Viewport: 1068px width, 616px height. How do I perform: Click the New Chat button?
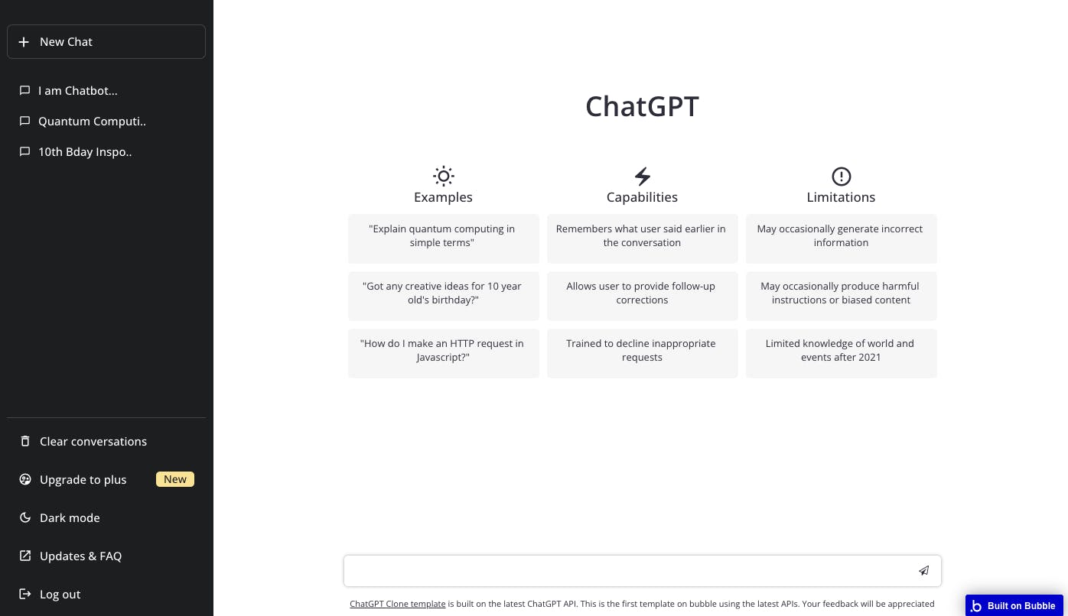pos(106,41)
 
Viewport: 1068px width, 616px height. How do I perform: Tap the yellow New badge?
pos(175,479)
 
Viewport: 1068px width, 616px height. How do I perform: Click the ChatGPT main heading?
pos(642,105)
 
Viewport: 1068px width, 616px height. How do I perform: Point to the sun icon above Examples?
pos(444,177)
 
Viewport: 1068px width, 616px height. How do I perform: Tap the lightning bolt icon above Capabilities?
pos(642,177)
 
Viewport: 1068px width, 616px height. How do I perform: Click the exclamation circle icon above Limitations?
pos(841,177)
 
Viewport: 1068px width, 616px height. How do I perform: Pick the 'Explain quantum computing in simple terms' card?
pos(444,238)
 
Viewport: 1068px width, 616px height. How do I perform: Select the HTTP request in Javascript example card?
pos(444,353)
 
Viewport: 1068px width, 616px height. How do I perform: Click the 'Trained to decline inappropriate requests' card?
pos(642,353)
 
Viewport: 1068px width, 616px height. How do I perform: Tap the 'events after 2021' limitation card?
pos(841,353)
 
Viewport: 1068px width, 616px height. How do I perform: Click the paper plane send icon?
pos(923,570)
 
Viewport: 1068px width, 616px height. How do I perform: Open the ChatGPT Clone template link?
pos(397,604)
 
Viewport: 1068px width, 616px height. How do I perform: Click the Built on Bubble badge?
pos(1014,605)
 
